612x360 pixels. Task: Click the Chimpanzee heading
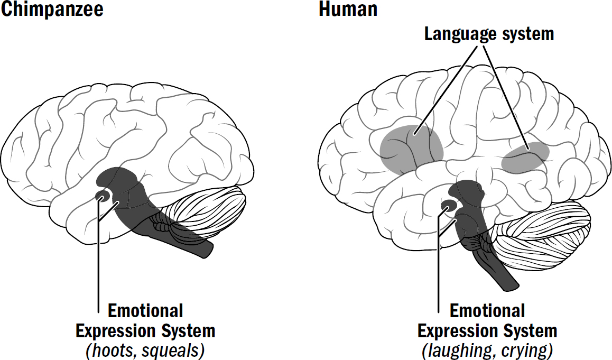pyautogui.click(x=51, y=10)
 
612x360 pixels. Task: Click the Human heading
pyautogui.click(x=348, y=10)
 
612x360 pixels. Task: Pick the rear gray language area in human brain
pyautogui.click(x=525, y=158)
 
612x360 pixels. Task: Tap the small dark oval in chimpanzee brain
pyautogui.click(x=102, y=196)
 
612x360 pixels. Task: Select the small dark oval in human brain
pyautogui.click(x=449, y=206)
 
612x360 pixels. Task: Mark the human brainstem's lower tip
pyautogui.click(x=511, y=284)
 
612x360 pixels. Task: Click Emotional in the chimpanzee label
pyautogui.click(x=145, y=311)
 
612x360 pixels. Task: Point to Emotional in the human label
pyautogui.click(x=487, y=311)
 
